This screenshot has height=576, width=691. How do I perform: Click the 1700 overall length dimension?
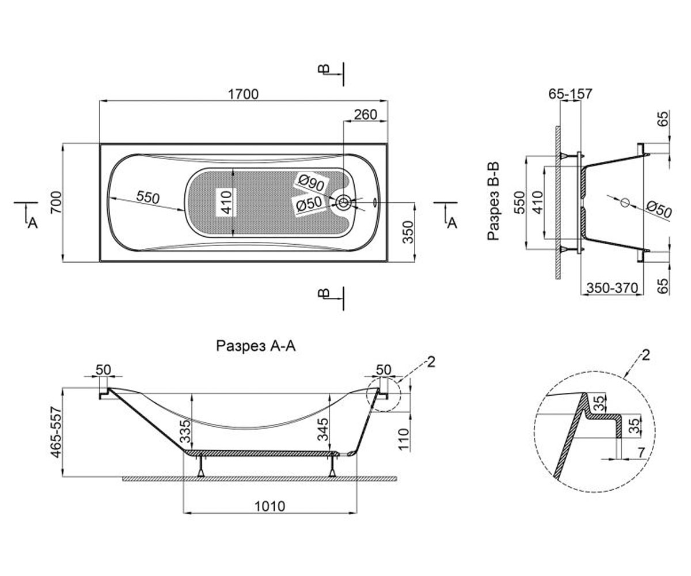pyautogui.click(x=243, y=94)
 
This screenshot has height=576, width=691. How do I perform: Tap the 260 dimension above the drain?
pyautogui.click(x=365, y=115)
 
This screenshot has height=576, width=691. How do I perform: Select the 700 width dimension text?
pyautogui.click(x=56, y=203)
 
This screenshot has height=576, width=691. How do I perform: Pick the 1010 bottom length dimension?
pyautogui.click(x=269, y=506)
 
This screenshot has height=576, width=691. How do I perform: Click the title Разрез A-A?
pyautogui.click(x=256, y=346)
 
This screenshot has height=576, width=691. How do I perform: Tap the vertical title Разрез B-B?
pyautogui.click(x=493, y=200)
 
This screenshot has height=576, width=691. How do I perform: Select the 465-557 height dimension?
pyautogui.click(x=56, y=432)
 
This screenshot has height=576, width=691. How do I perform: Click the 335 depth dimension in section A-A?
pyautogui.click(x=186, y=431)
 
